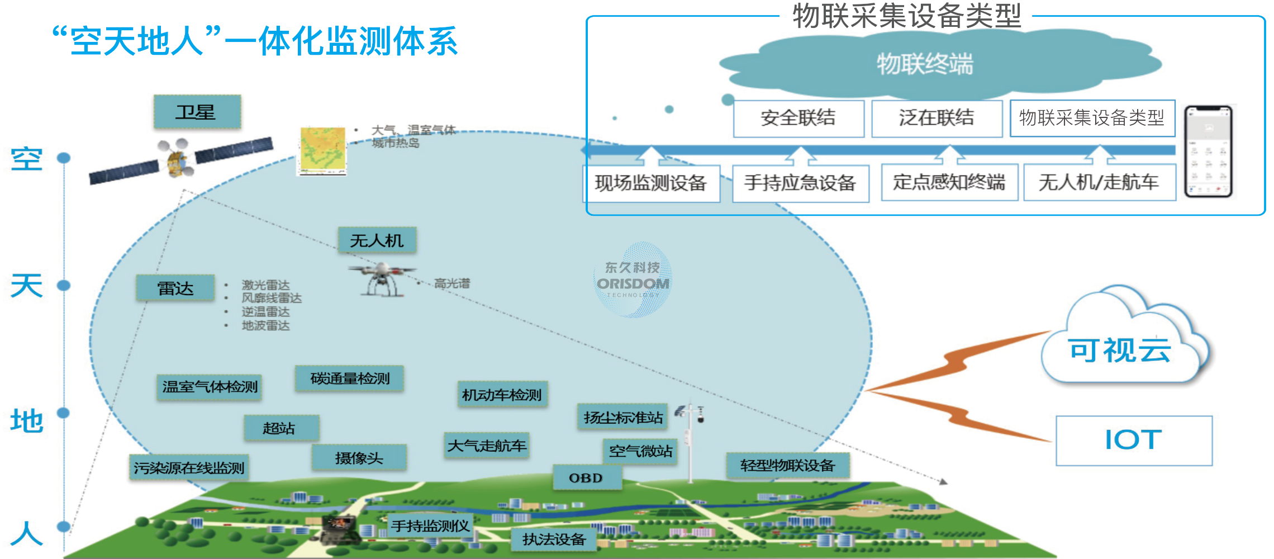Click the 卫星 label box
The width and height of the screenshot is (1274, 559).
pyautogui.click(x=197, y=112)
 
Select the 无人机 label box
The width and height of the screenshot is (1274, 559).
pyautogui.click(x=377, y=240)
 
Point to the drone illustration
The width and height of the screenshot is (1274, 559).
pyautogui.click(x=382, y=279)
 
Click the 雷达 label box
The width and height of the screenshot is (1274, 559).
pyautogui.click(x=175, y=288)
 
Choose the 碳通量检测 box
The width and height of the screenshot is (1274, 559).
pyautogui.click(x=349, y=378)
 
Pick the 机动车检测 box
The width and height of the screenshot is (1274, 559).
pyautogui.click(x=502, y=395)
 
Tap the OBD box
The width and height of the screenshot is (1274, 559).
pyautogui.click(x=586, y=478)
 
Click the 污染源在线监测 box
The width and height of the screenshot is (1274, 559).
pyautogui.click(x=189, y=467)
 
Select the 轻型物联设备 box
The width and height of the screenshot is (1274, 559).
pyautogui.click(x=787, y=465)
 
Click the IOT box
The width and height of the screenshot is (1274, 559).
pyautogui.click(x=1134, y=440)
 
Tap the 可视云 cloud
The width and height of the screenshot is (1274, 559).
pyautogui.click(x=1120, y=349)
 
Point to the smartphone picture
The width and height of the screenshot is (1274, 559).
pyautogui.click(x=1208, y=151)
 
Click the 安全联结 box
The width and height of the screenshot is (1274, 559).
pyautogui.click(x=798, y=118)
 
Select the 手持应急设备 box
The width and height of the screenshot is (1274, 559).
pyautogui.click(x=800, y=183)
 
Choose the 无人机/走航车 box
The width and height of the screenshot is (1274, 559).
pyautogui.click(x=1099, y=182)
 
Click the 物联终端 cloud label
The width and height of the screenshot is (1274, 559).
pyautogui.click(x=925, y=64)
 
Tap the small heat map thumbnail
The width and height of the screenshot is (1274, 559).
pyautogui.click(x=322, y=151)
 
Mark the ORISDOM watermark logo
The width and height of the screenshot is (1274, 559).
pyautogui.click(x=633, y=280)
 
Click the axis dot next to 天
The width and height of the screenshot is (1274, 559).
pyautogui.click(x=64, y=285)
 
